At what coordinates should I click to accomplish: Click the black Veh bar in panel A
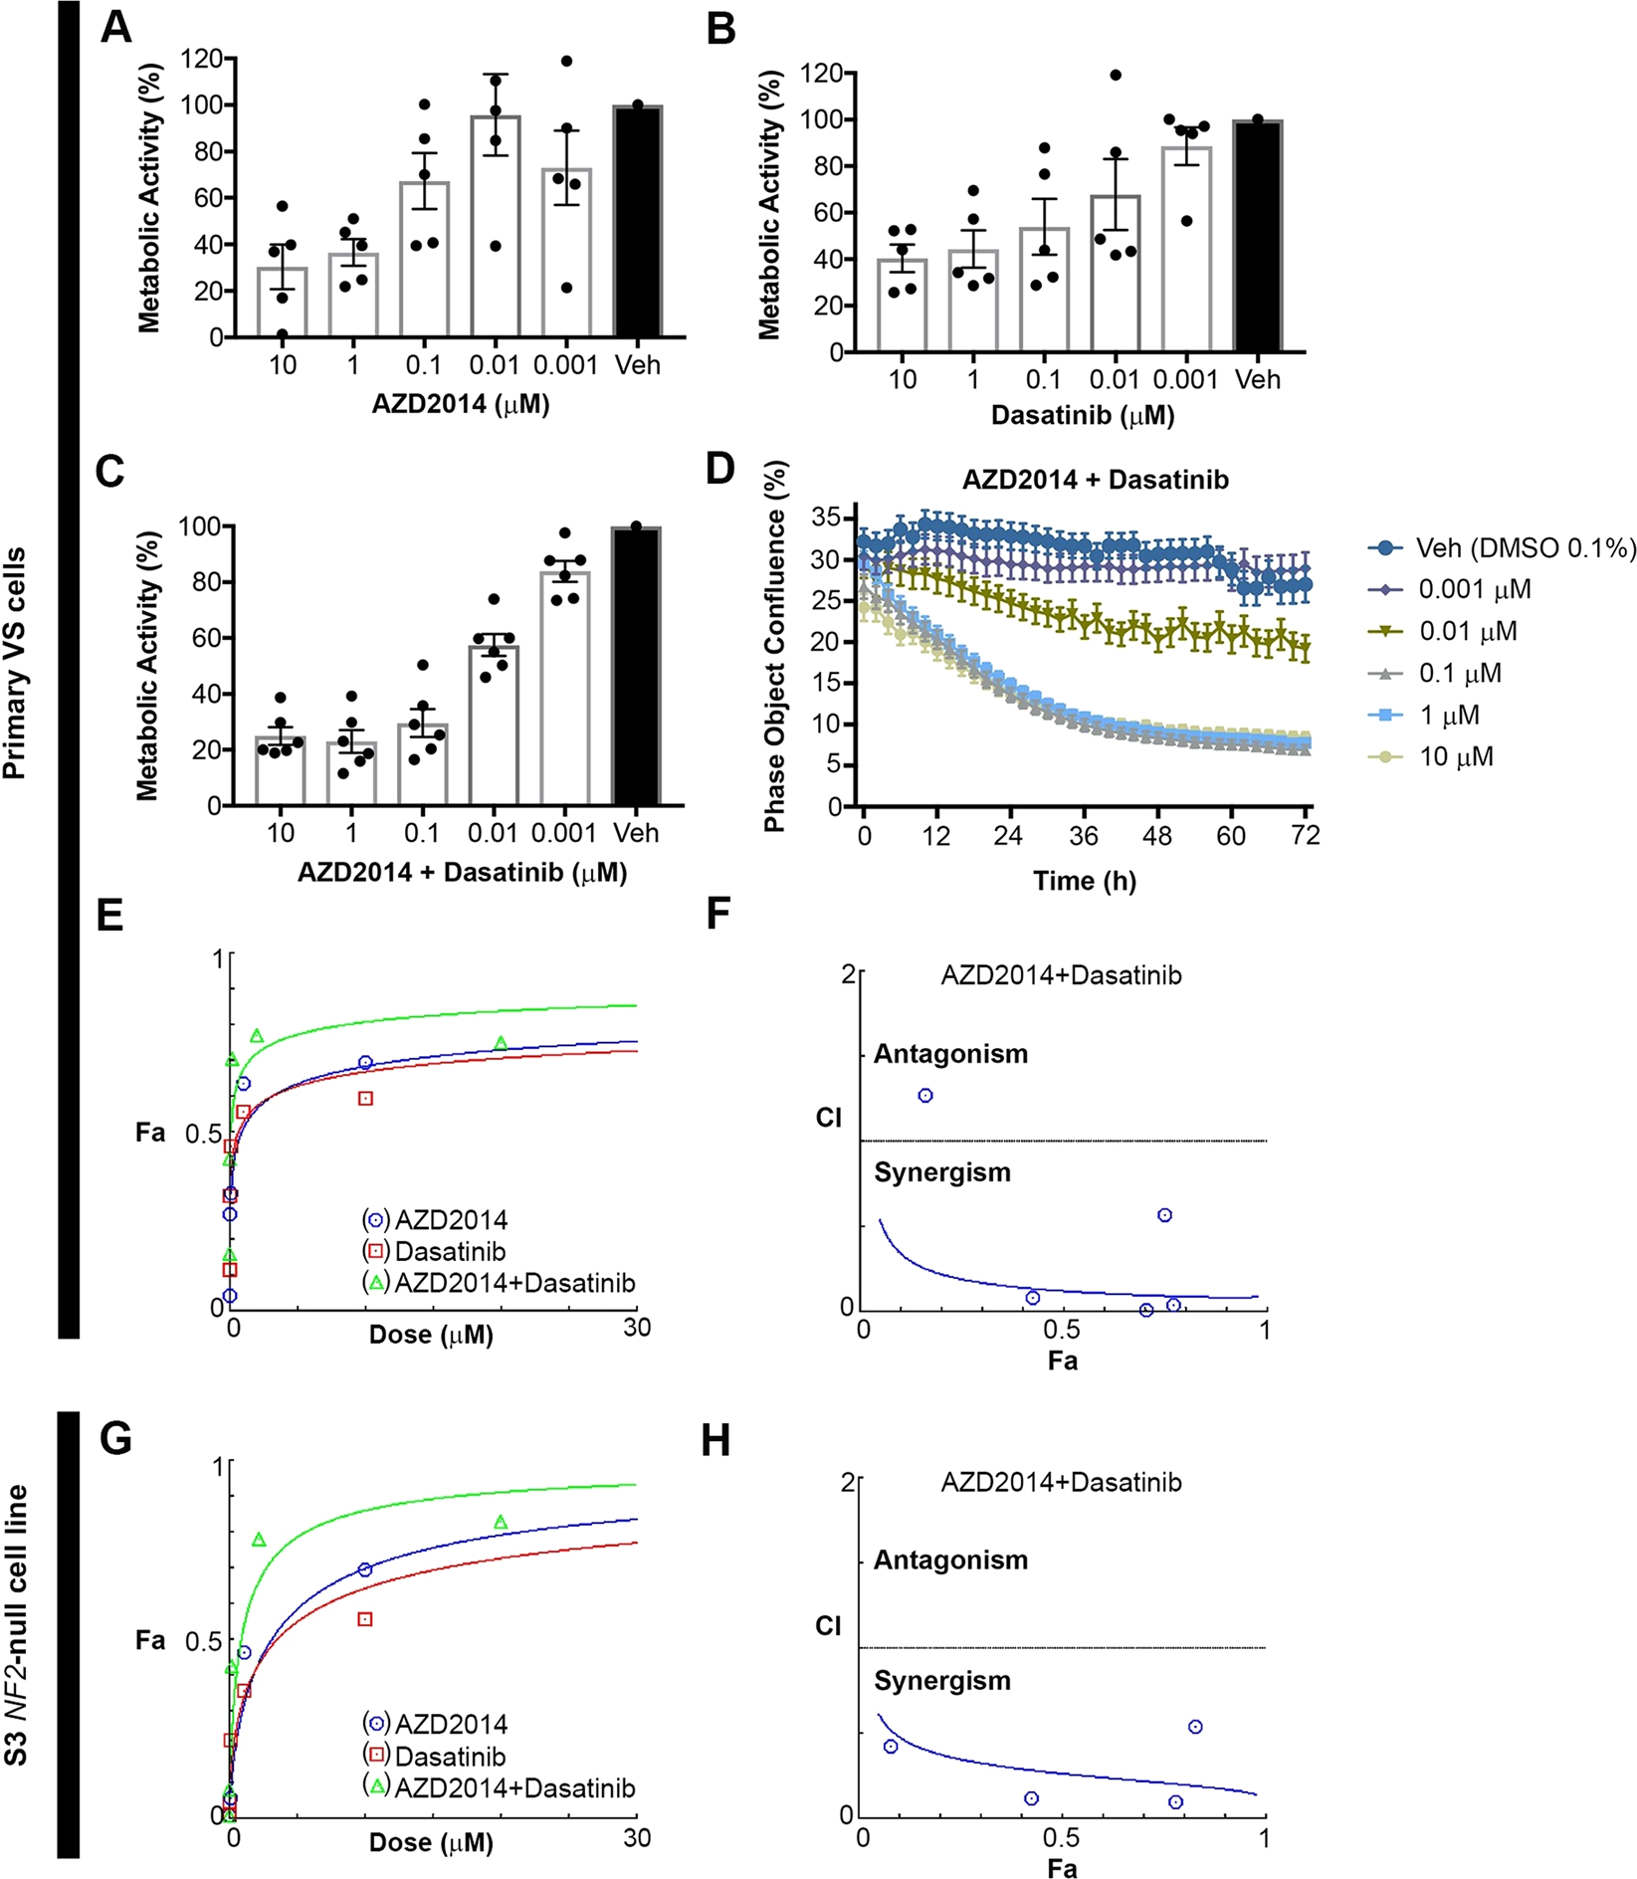637,221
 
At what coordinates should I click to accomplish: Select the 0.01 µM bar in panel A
495,227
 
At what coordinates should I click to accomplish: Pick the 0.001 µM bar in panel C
564,689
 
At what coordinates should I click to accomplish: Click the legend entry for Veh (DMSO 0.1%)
1503,548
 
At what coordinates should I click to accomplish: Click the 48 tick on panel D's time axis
1156,836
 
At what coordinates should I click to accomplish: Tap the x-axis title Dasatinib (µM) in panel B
1083,415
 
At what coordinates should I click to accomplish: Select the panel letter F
718,913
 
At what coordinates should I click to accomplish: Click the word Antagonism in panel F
950,1054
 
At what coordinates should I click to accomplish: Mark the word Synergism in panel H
941,1681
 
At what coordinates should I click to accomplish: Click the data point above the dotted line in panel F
925,1096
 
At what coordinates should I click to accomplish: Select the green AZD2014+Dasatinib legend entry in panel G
499,1788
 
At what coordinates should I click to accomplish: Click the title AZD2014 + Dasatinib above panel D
1095,480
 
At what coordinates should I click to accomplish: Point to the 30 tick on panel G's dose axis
637,1838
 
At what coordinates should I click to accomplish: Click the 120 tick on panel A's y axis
201,59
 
